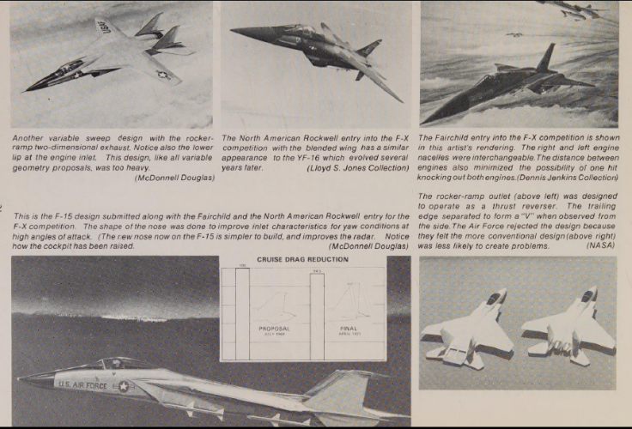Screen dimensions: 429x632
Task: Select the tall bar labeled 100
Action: pos(242,313)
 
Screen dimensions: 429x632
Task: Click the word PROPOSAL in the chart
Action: pos(276,329)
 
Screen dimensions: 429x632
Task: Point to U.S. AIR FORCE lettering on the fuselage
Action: pos(82,384)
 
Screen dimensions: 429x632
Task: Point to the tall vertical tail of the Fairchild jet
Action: pos(545,58)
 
